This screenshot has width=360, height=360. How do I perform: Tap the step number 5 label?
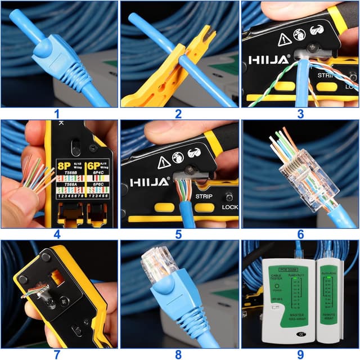(178, 234)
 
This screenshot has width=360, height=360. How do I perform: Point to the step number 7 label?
(56, 354)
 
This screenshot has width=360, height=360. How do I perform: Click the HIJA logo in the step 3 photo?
(269, 59)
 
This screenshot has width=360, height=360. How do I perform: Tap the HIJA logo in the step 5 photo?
(150, 182)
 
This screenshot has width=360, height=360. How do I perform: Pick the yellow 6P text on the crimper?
(93, 167)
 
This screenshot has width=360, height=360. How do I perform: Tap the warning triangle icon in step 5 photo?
(164, 162)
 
